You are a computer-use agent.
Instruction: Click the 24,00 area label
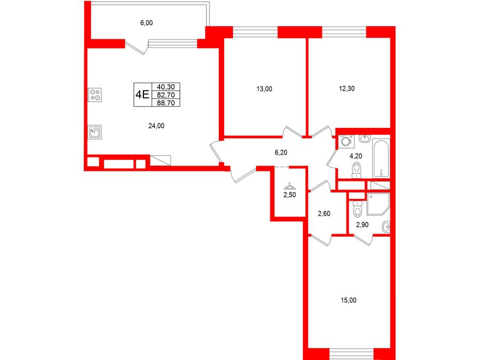tap(156, 125)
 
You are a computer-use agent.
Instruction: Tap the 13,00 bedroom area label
tap(264, 89)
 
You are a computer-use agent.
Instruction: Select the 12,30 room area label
tap(347, 89)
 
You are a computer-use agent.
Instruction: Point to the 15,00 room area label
tap(348, 300)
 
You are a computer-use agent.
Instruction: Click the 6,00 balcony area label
tap(146, 22)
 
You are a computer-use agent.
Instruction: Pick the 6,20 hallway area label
tap(281, 152)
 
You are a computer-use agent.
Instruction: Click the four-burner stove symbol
tap(94, 94)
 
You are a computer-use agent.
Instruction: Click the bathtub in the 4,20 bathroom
tap(381, 158)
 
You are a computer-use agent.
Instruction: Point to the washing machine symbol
tap(347, 142)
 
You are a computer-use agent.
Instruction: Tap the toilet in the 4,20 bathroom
tap(356, 170)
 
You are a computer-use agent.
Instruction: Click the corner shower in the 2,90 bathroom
tap(378, 204)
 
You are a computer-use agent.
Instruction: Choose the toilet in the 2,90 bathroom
tap(357, 209)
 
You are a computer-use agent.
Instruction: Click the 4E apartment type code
tap(142, 94)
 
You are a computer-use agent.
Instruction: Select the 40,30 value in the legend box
tap(166, 87)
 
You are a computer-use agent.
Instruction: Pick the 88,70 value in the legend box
tap(166, 103)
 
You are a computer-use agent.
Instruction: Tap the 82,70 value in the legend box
tap(166, 95)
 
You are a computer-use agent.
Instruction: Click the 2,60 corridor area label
tap(324, 213)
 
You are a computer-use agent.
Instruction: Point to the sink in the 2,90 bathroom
tap(386, 227)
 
